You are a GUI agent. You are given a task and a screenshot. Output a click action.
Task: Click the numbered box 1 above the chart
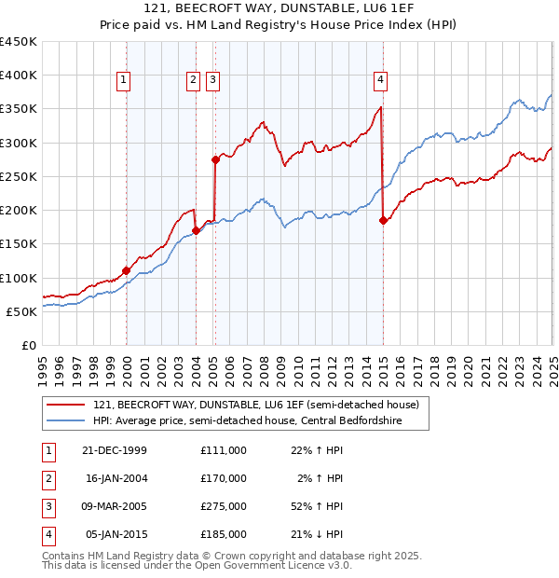[123, 81]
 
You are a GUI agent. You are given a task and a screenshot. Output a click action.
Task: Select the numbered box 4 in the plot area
[381, 81]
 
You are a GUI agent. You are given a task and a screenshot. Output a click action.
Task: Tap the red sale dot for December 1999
[127, 270]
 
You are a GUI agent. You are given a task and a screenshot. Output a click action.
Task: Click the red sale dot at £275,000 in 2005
[215, 159]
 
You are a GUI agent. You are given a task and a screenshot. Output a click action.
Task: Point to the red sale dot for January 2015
[383, 220]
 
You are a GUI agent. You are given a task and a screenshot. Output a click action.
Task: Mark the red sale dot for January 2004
[196, 230]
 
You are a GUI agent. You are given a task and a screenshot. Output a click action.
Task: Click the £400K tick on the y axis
[19, 76]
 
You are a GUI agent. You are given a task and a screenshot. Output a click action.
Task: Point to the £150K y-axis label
[19, 244]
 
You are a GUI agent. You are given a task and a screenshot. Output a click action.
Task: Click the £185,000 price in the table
[223, 534]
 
